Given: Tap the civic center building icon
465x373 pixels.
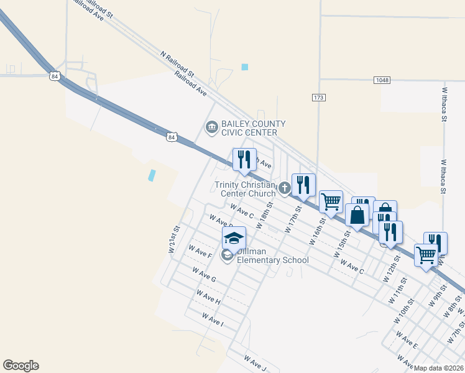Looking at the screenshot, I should coord(211,127).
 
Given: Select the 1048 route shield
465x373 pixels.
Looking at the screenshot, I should coord(382,80).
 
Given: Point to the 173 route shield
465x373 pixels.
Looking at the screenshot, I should coord(319,98).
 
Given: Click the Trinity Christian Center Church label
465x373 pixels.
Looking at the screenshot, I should coord(245,188).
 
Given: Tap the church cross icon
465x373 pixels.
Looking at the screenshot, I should coord(284,187).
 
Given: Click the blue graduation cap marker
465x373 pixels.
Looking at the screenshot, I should coord(234,238).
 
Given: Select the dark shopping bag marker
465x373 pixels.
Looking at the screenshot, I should coord(358,216).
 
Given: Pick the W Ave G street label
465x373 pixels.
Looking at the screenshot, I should coord(204,275).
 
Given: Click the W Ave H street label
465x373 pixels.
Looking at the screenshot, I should coord(208,297).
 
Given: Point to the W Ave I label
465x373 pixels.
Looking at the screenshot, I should coord(213,320).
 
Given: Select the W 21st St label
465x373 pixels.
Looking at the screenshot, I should coord(173,239).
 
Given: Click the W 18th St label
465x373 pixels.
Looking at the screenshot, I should coord(264,215).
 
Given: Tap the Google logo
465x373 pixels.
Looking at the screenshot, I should coord(21,366).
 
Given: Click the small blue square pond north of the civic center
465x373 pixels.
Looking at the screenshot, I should coord(245,67).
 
